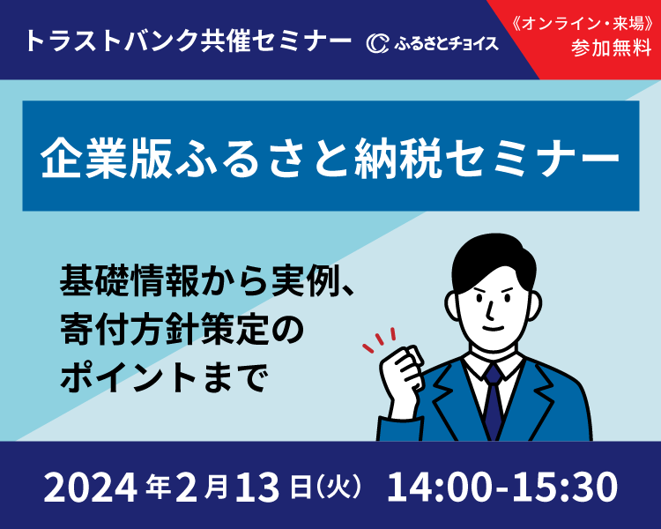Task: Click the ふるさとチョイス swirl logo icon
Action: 377,43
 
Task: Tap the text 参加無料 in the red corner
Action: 612,48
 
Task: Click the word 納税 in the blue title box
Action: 398,158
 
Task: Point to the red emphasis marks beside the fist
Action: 379,339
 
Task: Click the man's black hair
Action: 494,261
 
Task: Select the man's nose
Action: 490,310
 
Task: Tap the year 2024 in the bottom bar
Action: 90,488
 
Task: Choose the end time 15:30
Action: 565,487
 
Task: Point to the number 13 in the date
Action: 257,488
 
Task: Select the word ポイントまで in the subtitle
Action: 165,376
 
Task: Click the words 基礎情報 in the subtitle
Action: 129,280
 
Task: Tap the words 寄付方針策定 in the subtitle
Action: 165,329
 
